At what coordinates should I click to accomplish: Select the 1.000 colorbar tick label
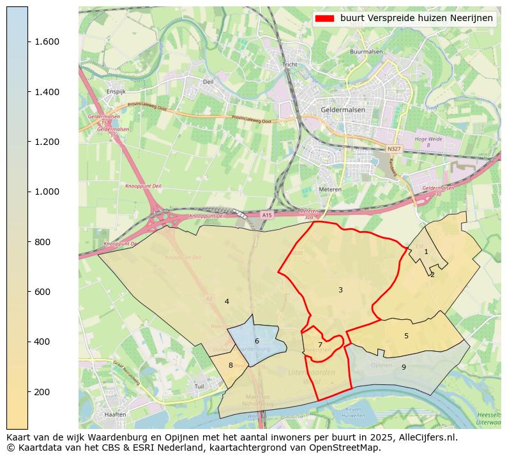(x=47, y=192)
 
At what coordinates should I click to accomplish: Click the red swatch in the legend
(x=324, y=18)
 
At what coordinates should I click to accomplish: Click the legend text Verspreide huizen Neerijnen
(x=416, y=18)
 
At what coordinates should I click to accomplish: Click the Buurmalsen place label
(x=366, y=52)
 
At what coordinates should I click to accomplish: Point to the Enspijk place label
(x=116, y=92)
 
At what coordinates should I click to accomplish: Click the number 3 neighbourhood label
(x=340, y=290)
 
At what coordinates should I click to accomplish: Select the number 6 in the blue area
(x=257, y=341)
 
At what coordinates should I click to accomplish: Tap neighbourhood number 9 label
(x=404, y=367)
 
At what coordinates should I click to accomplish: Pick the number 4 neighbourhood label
(x=227, y=301)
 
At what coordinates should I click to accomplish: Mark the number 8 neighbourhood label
(x=231, y=365)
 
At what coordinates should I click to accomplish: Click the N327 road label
(x=393, y=149)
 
